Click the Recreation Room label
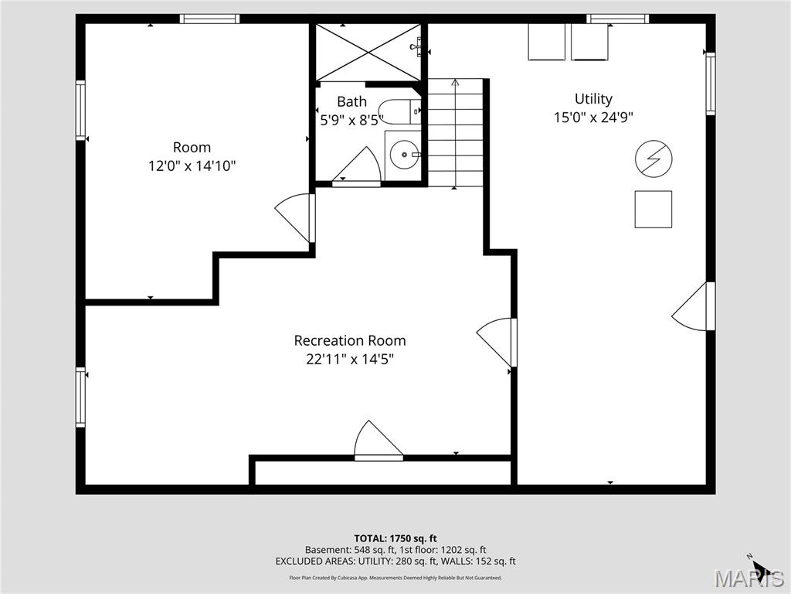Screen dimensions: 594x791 click(x=349, y=340)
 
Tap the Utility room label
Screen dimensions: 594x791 click(x=593, y=99)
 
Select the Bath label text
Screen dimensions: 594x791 click(x=351, y=101)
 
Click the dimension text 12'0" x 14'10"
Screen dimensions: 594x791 click(x=192, y=166)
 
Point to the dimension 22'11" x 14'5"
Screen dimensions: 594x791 click(x=349, y=359)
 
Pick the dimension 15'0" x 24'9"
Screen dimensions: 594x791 click(x=593, y=118)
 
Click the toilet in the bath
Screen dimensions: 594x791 click(x=398, y=112)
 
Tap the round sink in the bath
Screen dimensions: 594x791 click(x=402, y=155)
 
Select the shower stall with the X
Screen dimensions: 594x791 click(x=368, y=52)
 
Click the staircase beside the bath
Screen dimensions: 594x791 click(x=456, y=131)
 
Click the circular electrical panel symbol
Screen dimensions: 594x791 click(x=654, y=159)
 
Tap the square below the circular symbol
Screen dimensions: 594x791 click(x=654, y=209)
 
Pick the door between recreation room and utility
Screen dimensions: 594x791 click(x=497, y=340)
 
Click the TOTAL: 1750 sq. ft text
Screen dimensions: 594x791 click(x=395, y=538)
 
